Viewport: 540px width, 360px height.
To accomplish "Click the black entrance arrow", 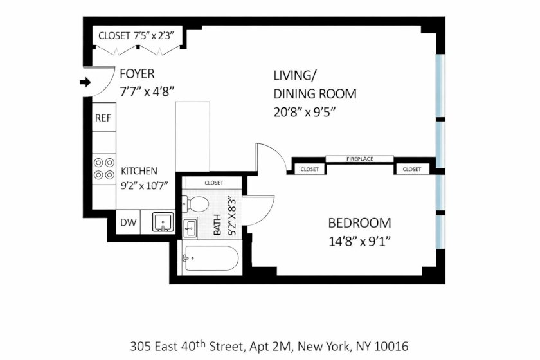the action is (x=85, y=82).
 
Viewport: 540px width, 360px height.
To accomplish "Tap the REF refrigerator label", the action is (x=104, y=118).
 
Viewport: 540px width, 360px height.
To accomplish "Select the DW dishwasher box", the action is (x=128, y=222).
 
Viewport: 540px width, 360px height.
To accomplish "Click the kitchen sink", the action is (x=163, y=222).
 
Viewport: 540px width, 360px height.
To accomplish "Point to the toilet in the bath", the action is (x=195, y=204).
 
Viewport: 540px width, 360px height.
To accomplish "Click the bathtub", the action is (x=211, y=258).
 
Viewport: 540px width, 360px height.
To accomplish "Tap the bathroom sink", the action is (x=190, y=228).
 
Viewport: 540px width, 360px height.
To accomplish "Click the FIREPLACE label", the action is (x=359, y=159).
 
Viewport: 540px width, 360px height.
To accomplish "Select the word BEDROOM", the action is (x=359, y=223).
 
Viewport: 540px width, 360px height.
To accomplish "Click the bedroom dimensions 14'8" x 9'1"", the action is (x=359, y=242).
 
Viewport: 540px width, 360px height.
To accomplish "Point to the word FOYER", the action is (x=137, y=74).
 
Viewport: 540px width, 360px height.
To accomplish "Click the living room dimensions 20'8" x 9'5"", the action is (x=305, y=113).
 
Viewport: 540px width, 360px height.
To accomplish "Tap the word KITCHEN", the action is (x=139, y=171).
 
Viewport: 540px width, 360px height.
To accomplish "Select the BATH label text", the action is (x=217, y=224).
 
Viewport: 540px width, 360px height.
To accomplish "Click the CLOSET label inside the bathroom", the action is (x=214, y=183).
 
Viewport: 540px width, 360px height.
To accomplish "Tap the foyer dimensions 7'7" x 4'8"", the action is (x=147, y=92).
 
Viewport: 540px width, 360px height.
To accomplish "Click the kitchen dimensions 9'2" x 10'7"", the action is (x=144, y=186).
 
